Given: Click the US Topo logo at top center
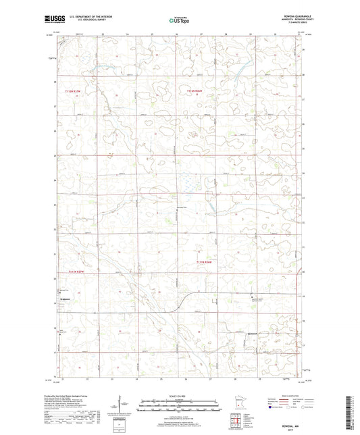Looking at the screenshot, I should coord(179,21).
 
